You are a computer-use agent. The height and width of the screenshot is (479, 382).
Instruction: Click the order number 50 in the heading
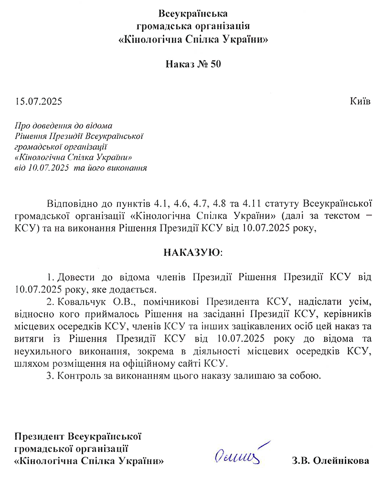tap(215, 64)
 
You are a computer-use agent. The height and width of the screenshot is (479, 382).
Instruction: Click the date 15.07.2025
tap(39, 101)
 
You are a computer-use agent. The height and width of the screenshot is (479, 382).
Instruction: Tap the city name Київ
tap(360, 101)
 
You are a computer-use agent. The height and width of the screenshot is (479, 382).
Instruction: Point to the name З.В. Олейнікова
tap(330, 461)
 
